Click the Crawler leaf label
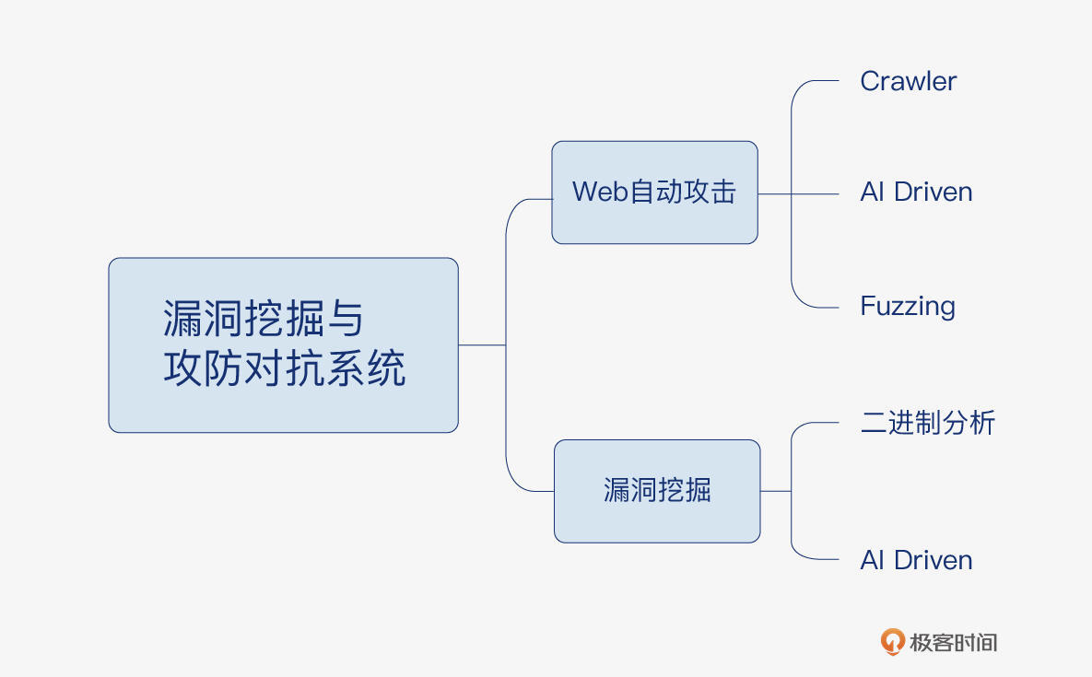pos(908,81)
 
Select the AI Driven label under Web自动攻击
pos(916,193)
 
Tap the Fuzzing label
pos(908,306)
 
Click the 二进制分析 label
pos(927,423)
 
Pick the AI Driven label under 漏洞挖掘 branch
pos(916,560)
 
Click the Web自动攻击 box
pos(654,193)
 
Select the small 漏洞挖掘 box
pos(657,491)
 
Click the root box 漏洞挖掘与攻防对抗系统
pos(283,345)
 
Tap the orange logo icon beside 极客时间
pos(891,642)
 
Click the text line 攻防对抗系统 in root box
pos(285,369)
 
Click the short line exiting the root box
pos(481,345)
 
